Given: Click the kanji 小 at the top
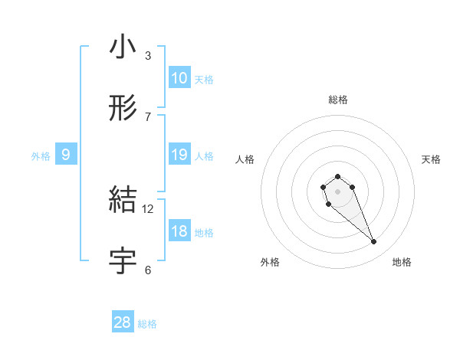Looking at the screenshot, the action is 123,48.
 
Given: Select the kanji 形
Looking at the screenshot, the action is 123,110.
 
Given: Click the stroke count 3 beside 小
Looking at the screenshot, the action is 148,56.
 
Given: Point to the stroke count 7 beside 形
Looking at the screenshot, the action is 148,117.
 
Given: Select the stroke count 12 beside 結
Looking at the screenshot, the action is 148,208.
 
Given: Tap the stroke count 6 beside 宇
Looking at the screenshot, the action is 148,270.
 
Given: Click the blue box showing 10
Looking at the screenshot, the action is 179,78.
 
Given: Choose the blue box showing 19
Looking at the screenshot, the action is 179,155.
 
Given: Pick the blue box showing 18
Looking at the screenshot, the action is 179,231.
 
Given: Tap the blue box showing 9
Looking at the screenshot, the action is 66,155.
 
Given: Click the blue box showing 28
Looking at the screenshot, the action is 123,322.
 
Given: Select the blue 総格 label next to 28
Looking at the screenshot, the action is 147,324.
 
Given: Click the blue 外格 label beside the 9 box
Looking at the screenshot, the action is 41,156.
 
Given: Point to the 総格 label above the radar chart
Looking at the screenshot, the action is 337,100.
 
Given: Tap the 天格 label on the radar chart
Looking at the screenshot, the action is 431,159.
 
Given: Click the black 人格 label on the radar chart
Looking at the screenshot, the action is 245,159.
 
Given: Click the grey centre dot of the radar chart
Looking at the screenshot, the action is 337,191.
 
